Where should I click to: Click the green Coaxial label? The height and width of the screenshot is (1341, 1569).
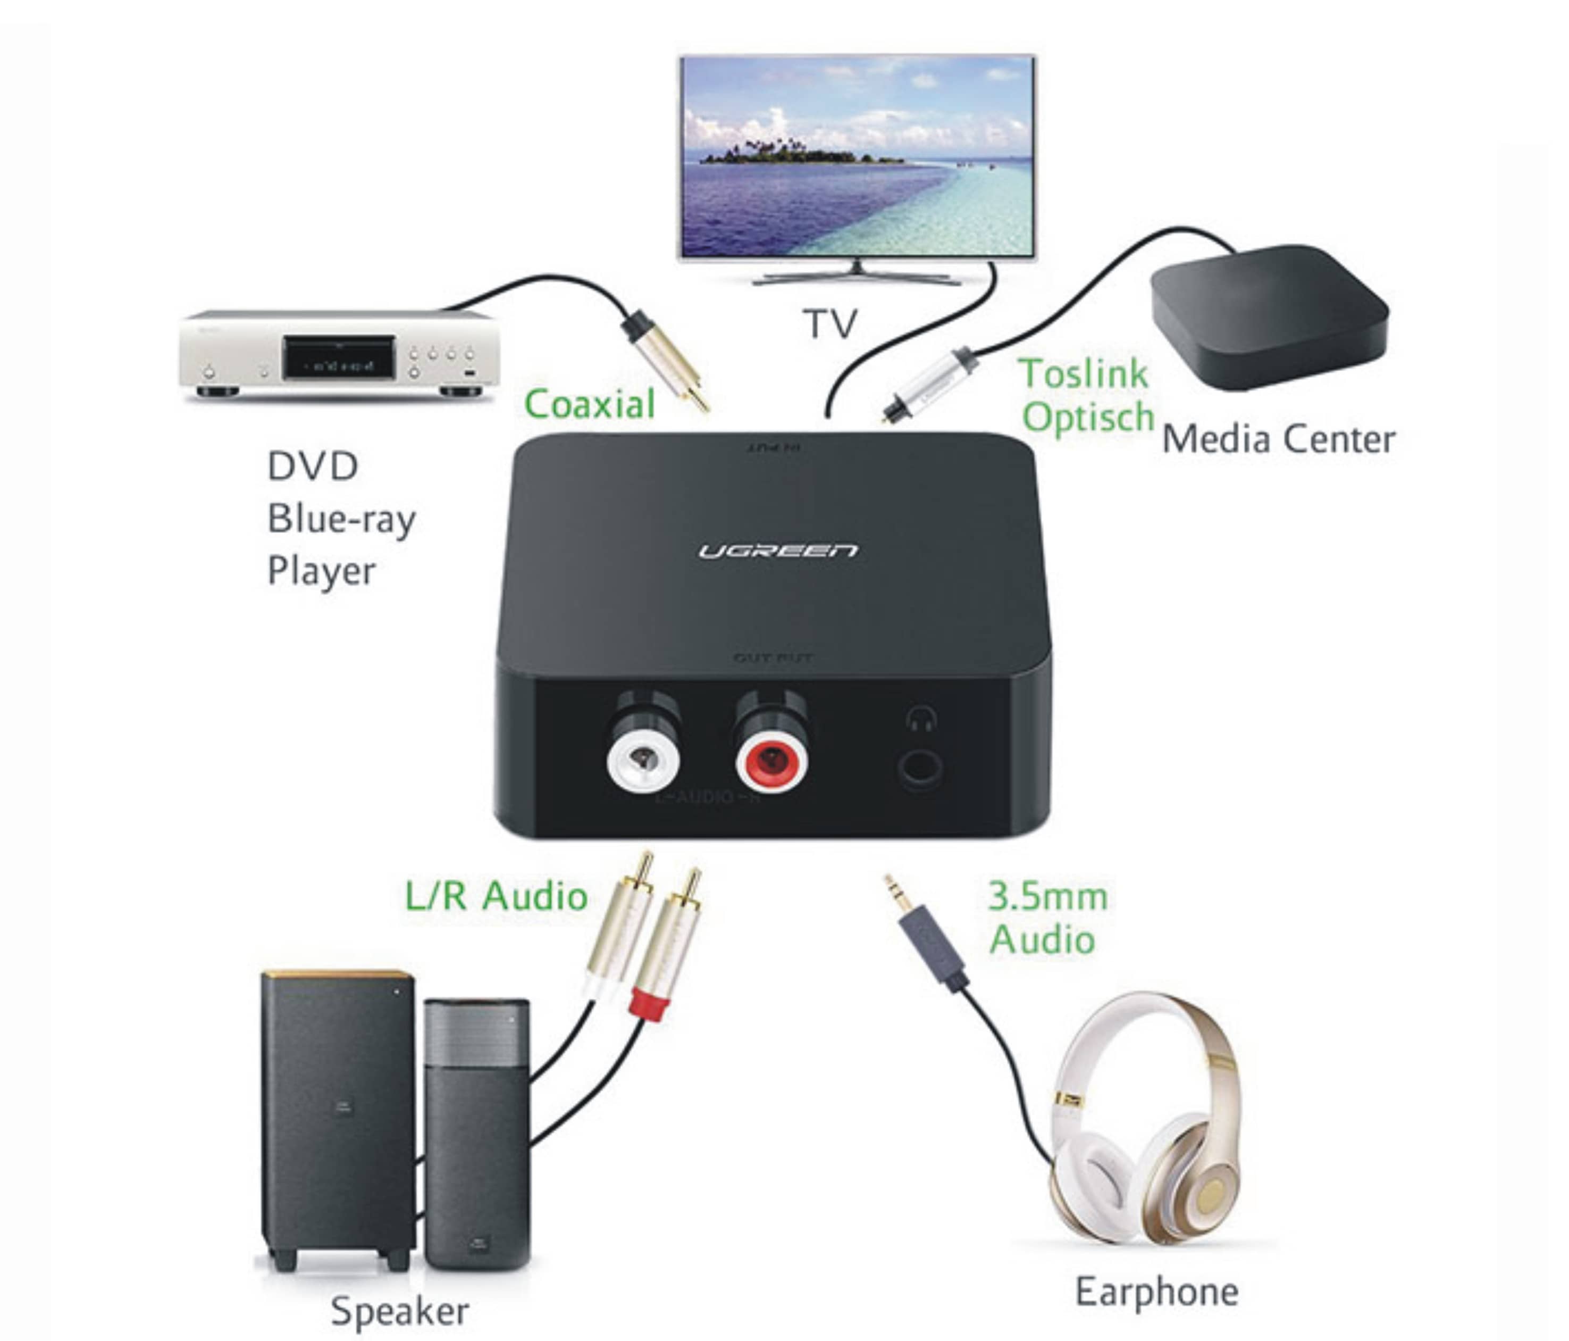point(589,404)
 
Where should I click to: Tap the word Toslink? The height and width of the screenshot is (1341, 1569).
point(1083,373)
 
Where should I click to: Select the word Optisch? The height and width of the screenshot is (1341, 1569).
point(1087,418)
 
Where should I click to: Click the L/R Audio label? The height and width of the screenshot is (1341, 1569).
point(496,896)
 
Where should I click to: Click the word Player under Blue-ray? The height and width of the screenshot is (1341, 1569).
point(321,571)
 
